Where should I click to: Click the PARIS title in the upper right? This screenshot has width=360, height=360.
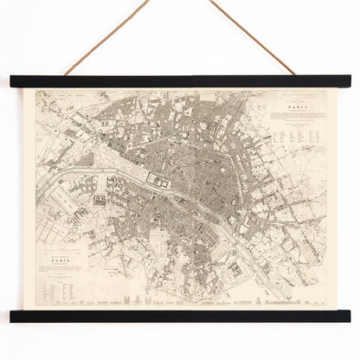292,109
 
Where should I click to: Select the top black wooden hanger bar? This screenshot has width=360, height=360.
180,80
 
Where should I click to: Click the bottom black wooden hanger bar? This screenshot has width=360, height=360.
180,317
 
